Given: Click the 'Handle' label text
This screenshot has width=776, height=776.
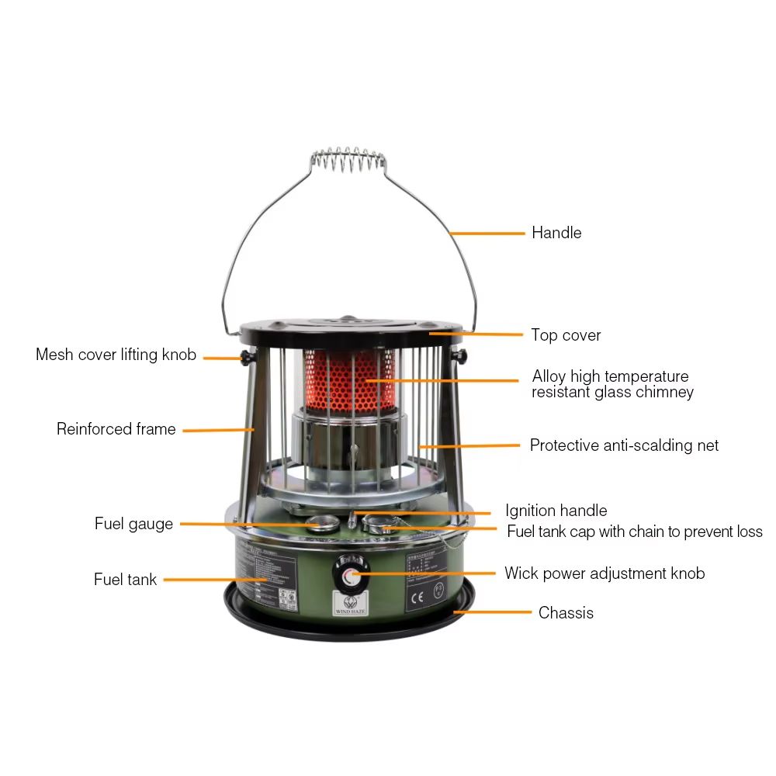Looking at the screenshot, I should tap(556, 233).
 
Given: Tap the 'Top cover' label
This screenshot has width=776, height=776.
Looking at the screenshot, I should tap(566, 335).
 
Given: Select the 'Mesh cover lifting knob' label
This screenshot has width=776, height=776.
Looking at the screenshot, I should tap(116, 355).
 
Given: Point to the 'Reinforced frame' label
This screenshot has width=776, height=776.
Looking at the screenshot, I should tap(116, 429).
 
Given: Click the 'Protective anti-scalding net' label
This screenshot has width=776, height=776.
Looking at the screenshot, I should tap(624, 445).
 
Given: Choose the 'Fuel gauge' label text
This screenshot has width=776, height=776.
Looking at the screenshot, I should tap(133, 524).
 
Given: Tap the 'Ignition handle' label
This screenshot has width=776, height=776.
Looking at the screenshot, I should tap(556, 511).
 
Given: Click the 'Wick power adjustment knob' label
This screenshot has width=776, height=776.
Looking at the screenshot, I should tap(604, 573).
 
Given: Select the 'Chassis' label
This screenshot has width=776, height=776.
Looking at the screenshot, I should tap(566, 613).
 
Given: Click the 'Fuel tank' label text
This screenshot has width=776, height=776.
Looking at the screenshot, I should tap(125, 580).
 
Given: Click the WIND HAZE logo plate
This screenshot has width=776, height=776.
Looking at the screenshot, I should tap(348, 602).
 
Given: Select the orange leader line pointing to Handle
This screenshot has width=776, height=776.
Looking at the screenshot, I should tap(489, 233).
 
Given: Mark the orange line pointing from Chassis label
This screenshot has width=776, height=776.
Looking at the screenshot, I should tap(493, 612).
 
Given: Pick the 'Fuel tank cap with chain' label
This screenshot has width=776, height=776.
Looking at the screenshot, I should tap(634, 532).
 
